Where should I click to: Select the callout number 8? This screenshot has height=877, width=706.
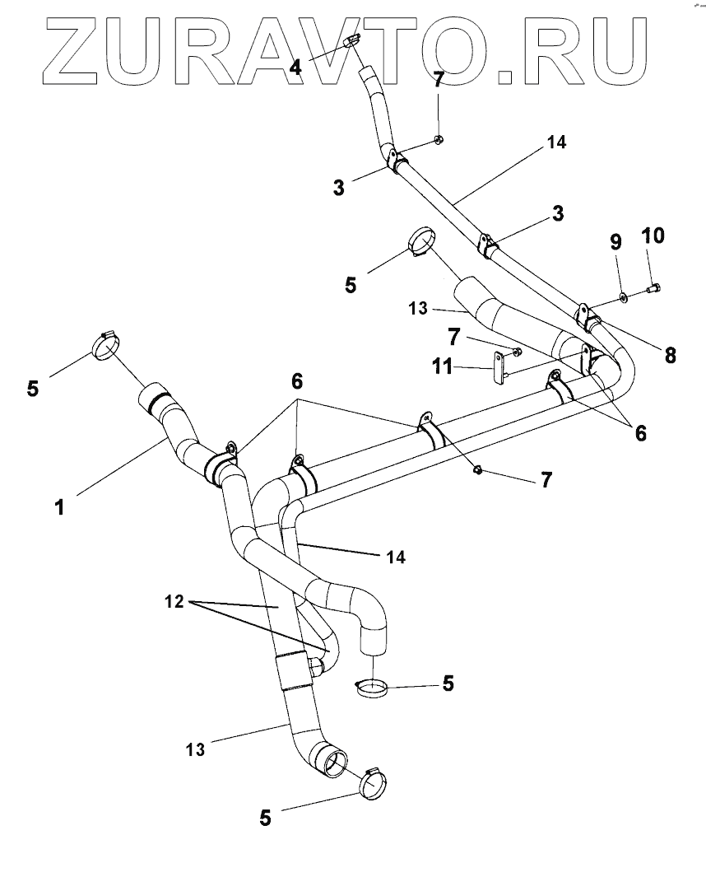point(671,355)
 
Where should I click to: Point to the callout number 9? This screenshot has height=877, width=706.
point(615,243)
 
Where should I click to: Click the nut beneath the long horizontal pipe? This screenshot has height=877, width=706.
point(477,469)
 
